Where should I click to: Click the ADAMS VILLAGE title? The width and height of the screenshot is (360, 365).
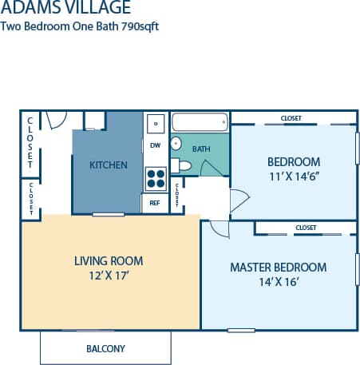(x=66, y=10)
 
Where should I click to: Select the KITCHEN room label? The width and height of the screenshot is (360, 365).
(x=108, y=165)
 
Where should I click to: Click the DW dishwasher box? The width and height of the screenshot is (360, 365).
(x=155, y=145)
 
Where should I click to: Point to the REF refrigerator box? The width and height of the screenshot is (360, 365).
(x=155, y=203)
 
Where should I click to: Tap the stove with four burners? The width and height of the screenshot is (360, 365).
(x=155, y=178)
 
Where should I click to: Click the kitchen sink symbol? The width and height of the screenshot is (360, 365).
(x=155, y=123)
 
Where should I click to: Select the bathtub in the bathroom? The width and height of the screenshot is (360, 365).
(x=200, y=122)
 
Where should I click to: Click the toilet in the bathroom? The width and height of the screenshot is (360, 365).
(x=183, y=166)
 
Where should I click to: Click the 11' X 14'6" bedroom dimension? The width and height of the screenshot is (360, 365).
(x=294, y=177)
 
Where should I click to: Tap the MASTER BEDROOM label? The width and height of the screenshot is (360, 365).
(x=278, y=267)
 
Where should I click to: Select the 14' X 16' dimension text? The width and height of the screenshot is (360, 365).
(x=278, y=283)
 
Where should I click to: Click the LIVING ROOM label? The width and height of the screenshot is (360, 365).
(x=108, y=260)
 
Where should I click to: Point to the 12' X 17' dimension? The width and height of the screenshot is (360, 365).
(x=108, y=276)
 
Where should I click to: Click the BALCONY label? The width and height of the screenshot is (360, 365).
(x=105, y=349)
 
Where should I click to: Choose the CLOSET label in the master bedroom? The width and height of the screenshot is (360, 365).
(x=306, y=228)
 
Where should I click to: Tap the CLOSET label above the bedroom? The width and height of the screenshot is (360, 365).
(x=291, y=118)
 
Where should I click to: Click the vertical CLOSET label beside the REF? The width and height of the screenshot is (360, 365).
(x=176, y=194)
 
